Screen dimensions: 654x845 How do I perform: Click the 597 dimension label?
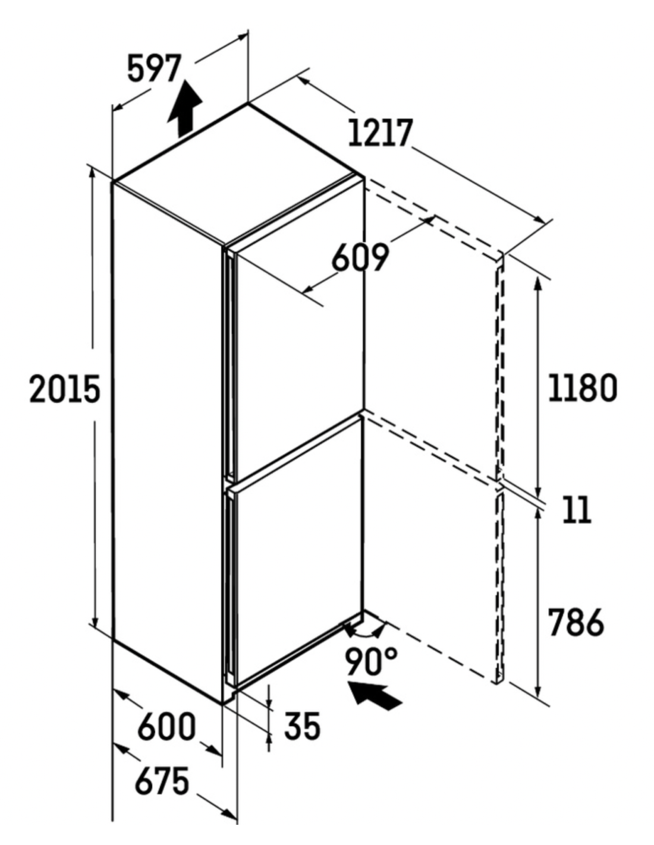tap(155, 69)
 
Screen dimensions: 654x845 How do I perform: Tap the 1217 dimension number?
tap(379, 133)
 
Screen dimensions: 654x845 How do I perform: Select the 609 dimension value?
tap(360, 257)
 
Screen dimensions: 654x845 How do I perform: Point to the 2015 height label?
tap(65, 389)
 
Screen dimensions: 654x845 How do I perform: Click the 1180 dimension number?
tap(583, 387)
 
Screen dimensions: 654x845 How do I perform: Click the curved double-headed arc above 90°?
tap(364, 635)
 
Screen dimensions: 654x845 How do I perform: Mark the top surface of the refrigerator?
tap(238, 175)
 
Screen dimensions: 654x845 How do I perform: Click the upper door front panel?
tap(300, 335)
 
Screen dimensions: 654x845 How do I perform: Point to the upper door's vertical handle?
tap(229, 365)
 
